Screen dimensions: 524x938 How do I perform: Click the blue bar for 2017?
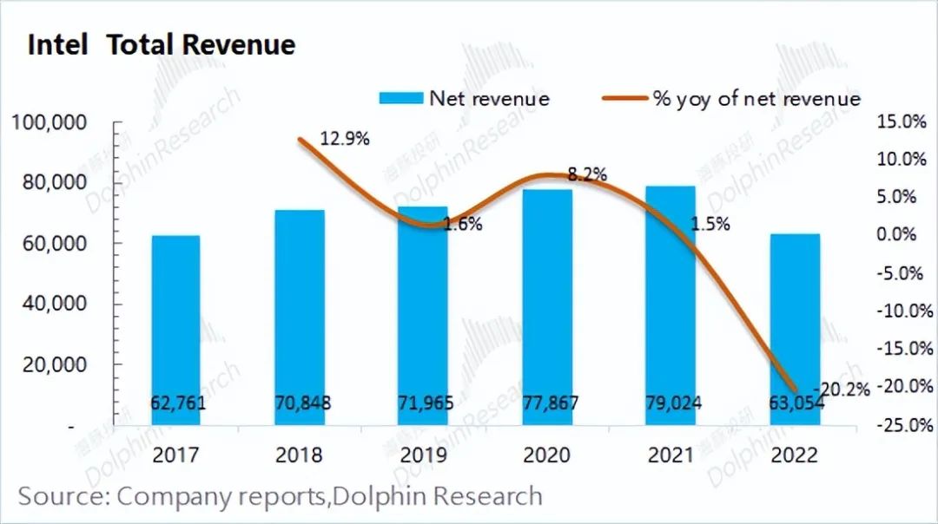pyautogui.click(x=176, y=330)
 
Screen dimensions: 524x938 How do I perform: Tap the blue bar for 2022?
pyautogui.click(x=796, y=329)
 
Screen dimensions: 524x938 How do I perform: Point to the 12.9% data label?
pyautogui.click(x=345, y=138)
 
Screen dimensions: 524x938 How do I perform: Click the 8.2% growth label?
pyautogui.click(x=587, y=174)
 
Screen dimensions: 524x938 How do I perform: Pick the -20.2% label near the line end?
pyautogui.click(x=842, y=389)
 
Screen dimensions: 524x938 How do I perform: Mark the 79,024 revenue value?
pyautogui.click(x=670, y=403)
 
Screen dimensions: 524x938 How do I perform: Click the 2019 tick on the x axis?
pyautogui.click(x=423, y=454)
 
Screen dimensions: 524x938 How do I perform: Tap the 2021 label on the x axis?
pyautogui.click(x=670, y=454)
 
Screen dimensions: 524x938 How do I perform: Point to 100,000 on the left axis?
pyautogui.click(x=50, y=122)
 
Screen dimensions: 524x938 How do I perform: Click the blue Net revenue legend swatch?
pyautogui.click(x=400, y=98)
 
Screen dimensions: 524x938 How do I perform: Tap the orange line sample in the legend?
pyautogui.click(x=624, y=98)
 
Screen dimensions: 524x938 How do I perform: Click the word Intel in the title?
pyautogui.click(x=58, y=45)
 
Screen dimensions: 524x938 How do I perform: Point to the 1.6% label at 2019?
pyautogui.click(x=463, y=224)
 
